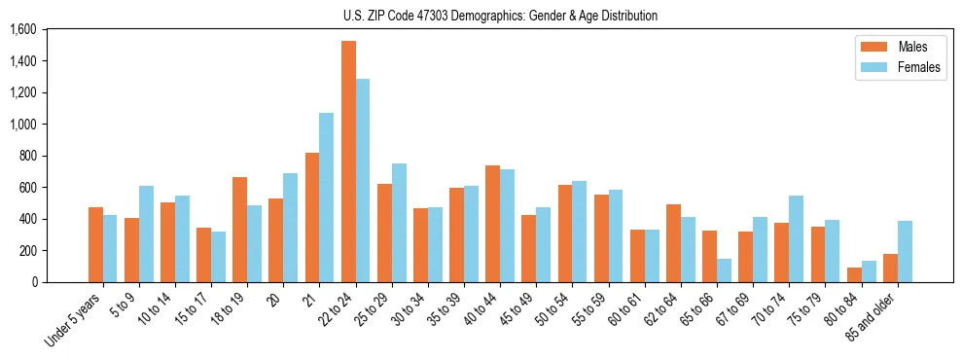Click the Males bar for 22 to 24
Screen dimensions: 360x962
pyautogui.click(x=348, y=162)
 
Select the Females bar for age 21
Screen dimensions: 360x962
pyautogui.click(x=327, y=198)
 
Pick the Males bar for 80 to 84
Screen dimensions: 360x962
pyautogui.click(x=854, y=274)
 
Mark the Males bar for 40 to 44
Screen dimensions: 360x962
pyautogui.click(x=492, y=224)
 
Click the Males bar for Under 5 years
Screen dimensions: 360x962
pyautogui.click(x=95, y=244)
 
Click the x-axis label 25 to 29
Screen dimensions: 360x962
pyautogui.click(x=374, y=308)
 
